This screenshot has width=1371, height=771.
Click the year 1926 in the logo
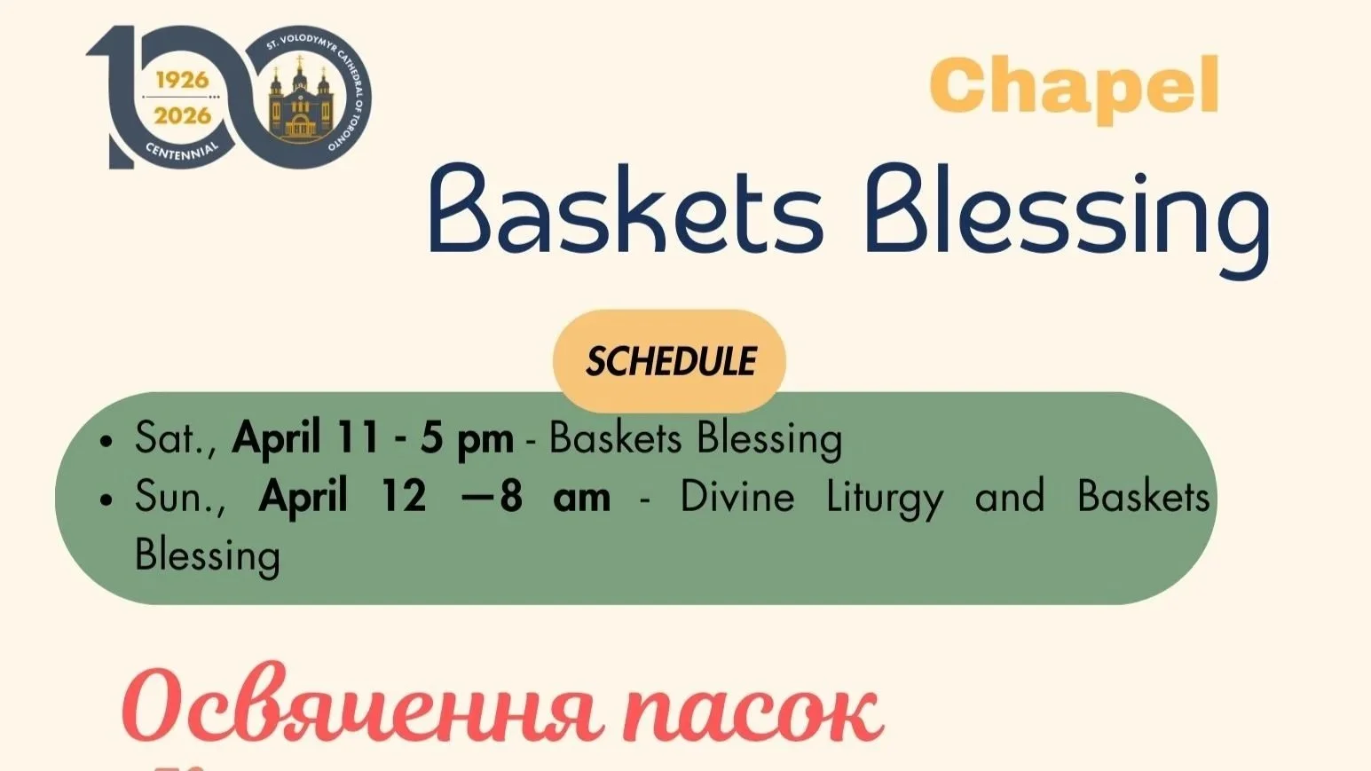[x=182, y=80]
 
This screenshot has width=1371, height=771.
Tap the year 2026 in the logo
[x=182, y=115]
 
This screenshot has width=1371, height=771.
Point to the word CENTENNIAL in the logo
[x=182, y=152]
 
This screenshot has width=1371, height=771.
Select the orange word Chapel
[x=1074, y=87]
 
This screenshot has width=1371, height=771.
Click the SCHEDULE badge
[x=670, y=361]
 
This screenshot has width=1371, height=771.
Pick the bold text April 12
[x=342, y=497]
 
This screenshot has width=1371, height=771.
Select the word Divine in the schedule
[x=737, y=497]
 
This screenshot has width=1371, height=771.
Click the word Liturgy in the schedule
[x=885, y=500]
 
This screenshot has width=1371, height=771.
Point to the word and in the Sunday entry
[x=1010, y=497]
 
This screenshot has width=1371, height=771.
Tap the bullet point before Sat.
[x=107, y=440]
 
